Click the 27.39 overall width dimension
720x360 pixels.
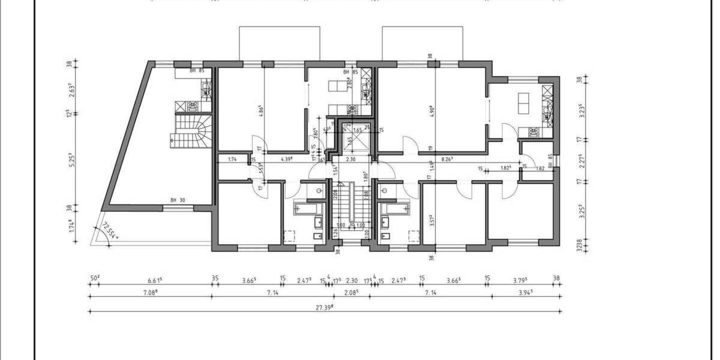pyautogui.click(x=325, y=307)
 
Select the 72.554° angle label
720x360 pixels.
pyautogui.click(x=110, y=230)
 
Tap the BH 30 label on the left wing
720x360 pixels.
pyautogui.click(x=176, y=200)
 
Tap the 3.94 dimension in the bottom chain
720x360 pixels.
pyautogui.click(x=526, y=292)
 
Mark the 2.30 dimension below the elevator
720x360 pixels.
pyautogui.click(x=352, y=160)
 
